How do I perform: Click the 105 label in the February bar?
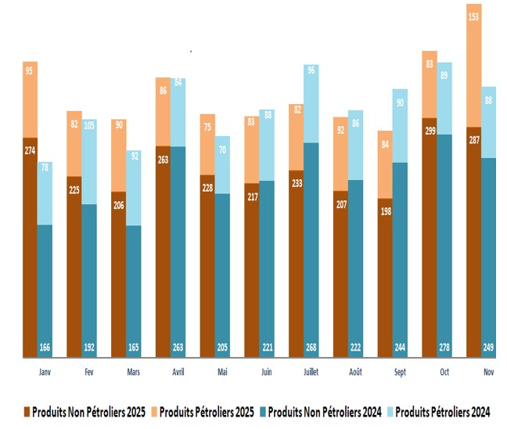tap(89, 124)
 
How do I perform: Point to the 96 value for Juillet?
tap(311, 70)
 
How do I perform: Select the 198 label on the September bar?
tap(384, 211)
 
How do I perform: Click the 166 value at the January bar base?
tap(45, 348)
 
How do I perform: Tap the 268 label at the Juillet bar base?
tap(311, 348)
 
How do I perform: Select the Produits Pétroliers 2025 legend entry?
tap(205, 411)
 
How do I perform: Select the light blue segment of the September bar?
tap(399, 125)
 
